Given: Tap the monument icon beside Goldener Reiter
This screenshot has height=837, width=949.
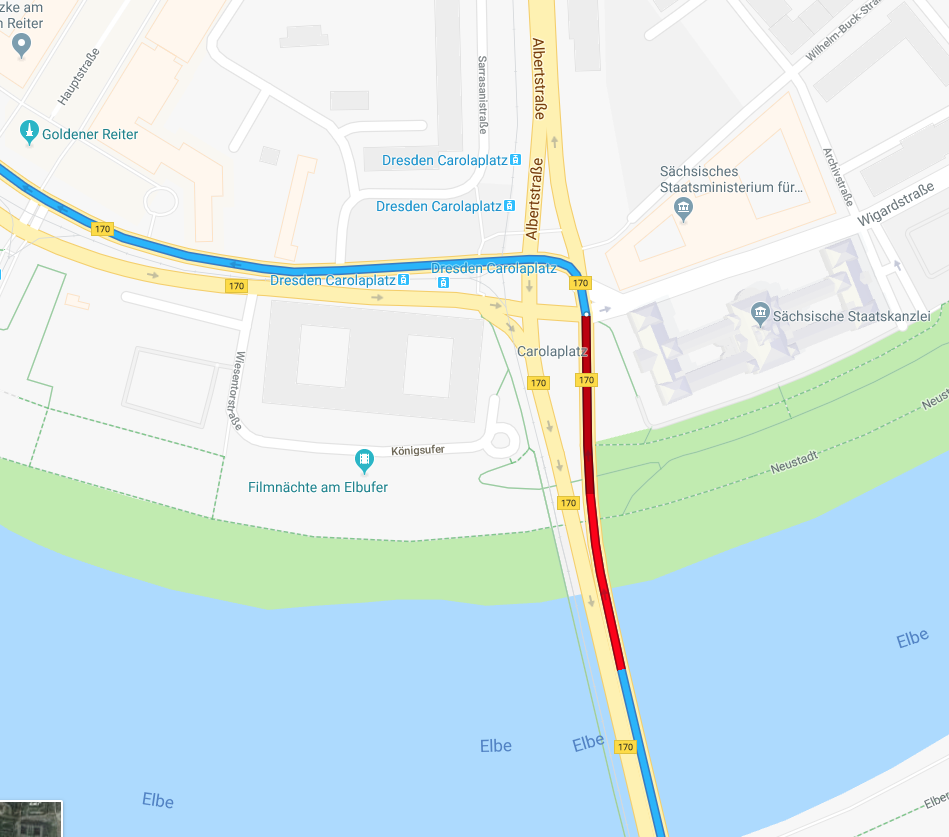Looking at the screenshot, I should [30, 132].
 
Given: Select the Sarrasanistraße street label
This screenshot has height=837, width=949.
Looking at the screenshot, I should [482, 94].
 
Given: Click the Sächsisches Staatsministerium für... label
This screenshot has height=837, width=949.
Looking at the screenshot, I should [732, 179].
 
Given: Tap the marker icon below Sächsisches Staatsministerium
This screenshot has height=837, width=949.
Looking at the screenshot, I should [684, 209].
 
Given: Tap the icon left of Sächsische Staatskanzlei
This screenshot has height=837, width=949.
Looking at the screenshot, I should [761, 315].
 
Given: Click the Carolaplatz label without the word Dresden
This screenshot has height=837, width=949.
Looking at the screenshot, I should [551, 351].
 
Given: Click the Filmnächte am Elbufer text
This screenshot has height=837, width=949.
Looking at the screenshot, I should [318, 487].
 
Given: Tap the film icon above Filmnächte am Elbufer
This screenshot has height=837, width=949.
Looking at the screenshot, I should [365, 461].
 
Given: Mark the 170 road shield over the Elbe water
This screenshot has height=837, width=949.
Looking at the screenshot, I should [626, 746].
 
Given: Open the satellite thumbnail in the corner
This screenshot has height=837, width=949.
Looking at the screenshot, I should [31, 819].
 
